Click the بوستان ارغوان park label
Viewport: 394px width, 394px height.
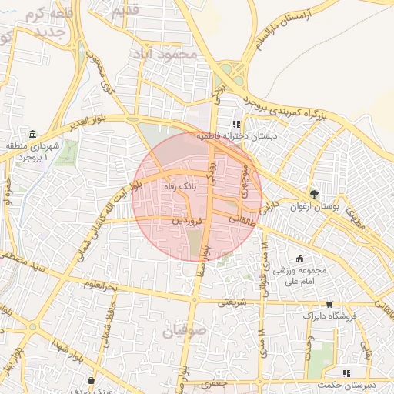[x=313, y=206]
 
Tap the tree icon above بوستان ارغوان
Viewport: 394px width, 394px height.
[x=313, y=194]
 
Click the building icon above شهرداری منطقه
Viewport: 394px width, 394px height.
[x=32, y=134]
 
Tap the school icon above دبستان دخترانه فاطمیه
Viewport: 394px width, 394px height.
[x=237, y=123]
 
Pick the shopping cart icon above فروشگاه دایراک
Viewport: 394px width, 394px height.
[x=329, y=305]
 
